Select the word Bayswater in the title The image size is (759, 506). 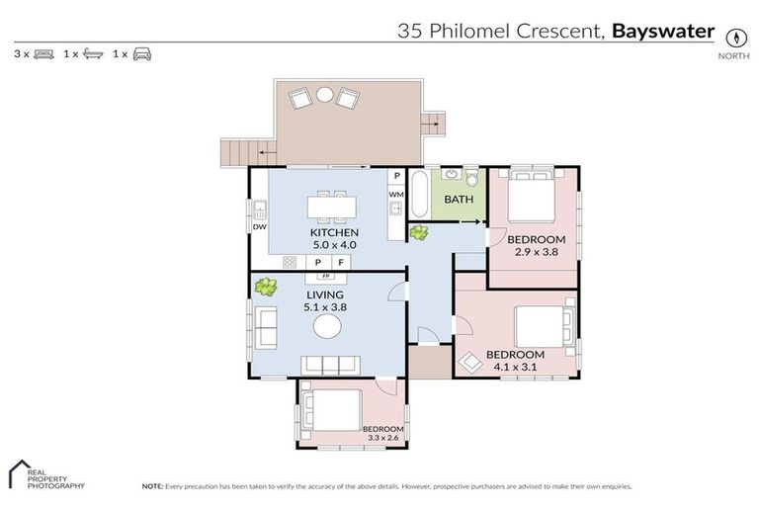point(663,31)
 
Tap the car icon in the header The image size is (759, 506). point(142,54)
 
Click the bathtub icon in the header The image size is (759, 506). point(92,54)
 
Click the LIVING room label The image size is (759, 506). point(324,295)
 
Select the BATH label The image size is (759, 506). point(458,199)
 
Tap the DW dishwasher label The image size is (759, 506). point(259,226)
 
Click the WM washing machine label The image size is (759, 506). point(395,195)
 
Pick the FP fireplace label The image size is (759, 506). point(325,276)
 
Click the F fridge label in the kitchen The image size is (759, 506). point(341,262)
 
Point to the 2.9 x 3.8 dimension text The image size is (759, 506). point(537,252)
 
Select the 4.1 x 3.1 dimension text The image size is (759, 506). point(515,367)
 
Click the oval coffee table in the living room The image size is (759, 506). point(327,327)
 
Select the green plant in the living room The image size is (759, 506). point(264,288)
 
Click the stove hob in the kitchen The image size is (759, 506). point(291,262)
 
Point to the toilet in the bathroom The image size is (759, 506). point(471,178)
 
